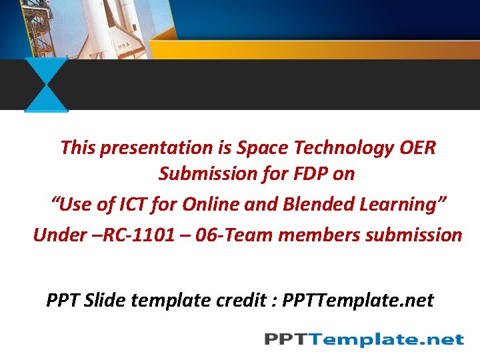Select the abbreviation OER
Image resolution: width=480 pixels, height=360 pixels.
418,147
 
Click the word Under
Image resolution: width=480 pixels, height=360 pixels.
59,235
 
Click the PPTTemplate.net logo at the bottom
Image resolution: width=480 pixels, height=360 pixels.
363,339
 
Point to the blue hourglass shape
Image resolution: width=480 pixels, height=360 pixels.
47,85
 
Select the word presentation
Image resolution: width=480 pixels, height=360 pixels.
149,147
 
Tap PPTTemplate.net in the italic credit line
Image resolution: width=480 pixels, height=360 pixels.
358,301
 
